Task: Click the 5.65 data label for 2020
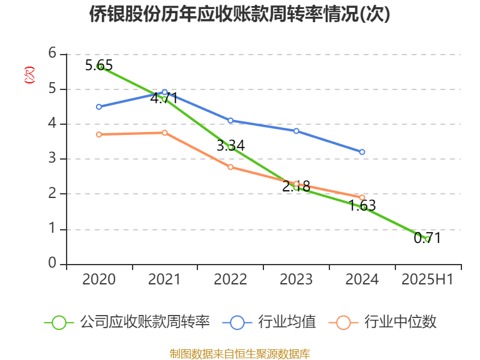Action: click(99, 65)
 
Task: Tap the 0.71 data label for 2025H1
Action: click(427, 238)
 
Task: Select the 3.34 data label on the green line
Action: click(230, 146)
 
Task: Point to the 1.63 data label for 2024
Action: click(362, 206)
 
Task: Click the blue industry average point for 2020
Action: click(99, 107)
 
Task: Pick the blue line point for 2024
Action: click(362, 152)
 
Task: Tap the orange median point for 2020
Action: click(99, 134)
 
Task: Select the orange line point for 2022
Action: click(230, 167)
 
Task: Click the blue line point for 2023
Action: click(296, 131)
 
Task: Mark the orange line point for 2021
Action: click(165, 133)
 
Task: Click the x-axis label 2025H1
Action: click(427, 280)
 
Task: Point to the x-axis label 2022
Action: click(230, 280)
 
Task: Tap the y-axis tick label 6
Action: click(53, 53)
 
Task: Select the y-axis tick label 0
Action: click(53, 264)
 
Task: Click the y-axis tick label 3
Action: click(53, 159)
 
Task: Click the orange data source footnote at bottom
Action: click(240, 353)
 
